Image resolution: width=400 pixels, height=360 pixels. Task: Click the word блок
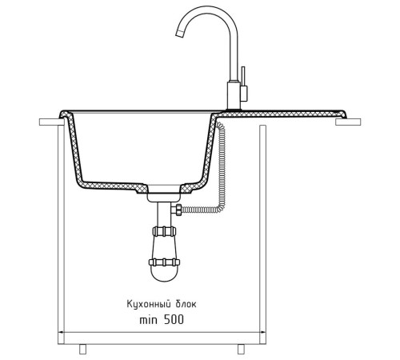pos(186,304)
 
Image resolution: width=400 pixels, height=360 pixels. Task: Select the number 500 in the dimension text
pos(174,319)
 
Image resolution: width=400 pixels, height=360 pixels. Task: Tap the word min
pos(149,320)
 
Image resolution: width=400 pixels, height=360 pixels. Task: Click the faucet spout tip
pos(180,34)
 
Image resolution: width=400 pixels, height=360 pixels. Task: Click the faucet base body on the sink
pos(234,95)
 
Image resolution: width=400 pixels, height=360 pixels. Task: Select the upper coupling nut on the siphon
pos(164,231)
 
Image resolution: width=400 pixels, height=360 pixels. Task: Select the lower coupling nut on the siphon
pos(164,262)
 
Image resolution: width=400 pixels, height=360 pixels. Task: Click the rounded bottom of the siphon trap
pos(164,274)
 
